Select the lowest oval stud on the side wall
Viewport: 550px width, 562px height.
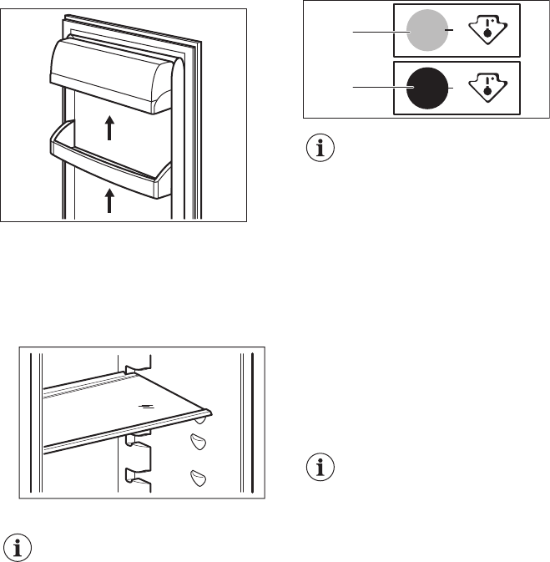coord(198,477)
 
